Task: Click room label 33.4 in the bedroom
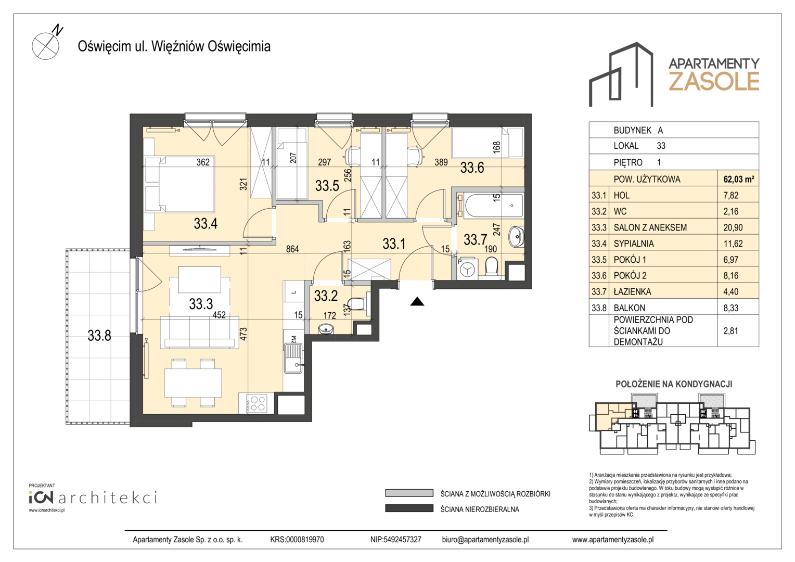tap(206, 223)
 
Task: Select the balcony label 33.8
tap(99, 335)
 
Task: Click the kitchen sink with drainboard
tap(293, 357)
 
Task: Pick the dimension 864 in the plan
tap(292, 249)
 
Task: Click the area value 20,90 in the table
tap(733, 227)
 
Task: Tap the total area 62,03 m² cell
tap(739, 179)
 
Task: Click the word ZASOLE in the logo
tap(714, 81)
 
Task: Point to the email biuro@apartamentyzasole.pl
tap(485, 540)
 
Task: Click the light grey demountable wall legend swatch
tap(409, 493)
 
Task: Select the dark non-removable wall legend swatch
tap(409, 508)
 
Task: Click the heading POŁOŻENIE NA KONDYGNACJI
tap(674, 384)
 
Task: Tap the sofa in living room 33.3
tap(199, 333)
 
